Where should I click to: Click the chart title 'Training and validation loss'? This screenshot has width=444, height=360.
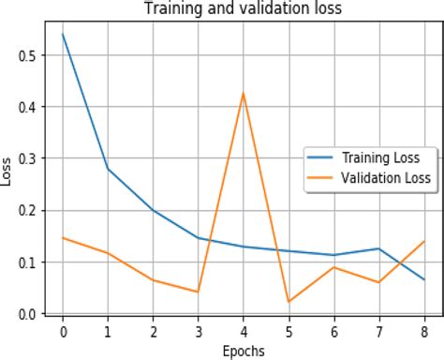[242, 8]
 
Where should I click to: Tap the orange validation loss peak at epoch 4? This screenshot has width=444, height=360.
[244, 94]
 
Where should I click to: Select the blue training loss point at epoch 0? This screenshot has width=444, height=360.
[63, 35]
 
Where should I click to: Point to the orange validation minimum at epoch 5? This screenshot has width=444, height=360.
[289, 301]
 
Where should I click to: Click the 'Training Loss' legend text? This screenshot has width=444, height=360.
[386, 157]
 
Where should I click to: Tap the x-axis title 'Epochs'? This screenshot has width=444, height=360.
[243, 351]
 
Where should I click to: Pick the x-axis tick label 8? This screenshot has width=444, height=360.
[423, 331]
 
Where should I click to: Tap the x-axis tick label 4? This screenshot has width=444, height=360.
[244, 331]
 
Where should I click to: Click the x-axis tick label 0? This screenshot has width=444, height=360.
[63, 331]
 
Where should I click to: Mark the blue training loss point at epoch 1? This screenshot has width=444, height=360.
[108, 169]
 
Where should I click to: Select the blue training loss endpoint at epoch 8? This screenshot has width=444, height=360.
[423, 279]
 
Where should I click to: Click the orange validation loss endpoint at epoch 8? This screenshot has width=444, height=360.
[423, 242]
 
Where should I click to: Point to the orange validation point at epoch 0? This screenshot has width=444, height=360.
[63, 238]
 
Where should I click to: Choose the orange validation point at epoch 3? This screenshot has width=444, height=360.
[199, 292]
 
